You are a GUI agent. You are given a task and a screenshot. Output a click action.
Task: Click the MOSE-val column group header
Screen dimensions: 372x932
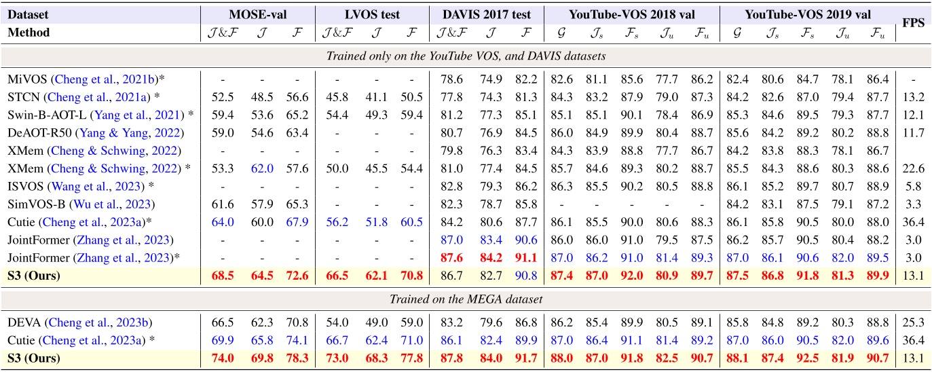point(259,13)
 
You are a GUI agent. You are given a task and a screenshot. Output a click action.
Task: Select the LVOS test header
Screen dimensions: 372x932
point(372,13)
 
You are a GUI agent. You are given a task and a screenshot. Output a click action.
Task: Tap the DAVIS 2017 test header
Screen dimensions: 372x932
point(486,13)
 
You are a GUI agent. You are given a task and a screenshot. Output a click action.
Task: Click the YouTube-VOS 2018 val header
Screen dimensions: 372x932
point(632,13)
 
